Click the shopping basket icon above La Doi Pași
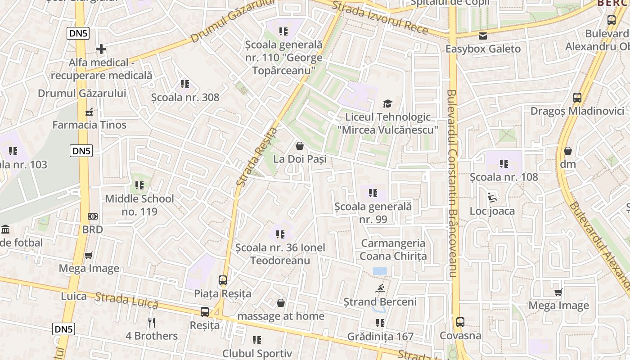(299, 146)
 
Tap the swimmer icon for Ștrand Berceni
(380, 288)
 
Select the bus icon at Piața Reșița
(223, 280)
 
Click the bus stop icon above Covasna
(460, 322)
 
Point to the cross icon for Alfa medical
(101, 49)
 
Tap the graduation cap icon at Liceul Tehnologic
(387, 104)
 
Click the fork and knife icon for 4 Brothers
(152, 322)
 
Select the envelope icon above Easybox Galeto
(483, 36)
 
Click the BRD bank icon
(92, 216)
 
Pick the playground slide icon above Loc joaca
(492, 198)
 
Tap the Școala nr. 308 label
(185, 97)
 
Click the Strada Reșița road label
(257, 157)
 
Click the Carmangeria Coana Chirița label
(393, 250)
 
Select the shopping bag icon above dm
(568, 151)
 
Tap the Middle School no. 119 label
(139, 205)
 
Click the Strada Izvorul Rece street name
(380, 18)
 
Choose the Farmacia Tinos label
(90, 125)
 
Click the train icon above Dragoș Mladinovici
(577, 97)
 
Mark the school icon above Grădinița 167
(380, 323)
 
